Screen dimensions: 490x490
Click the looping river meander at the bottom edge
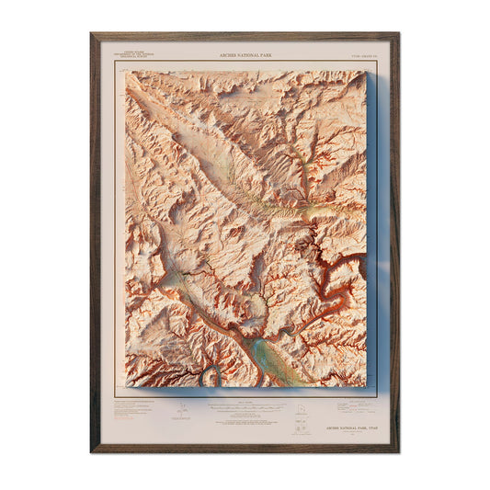(x=211, y=375)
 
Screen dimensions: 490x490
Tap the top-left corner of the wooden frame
(x=93, y=36)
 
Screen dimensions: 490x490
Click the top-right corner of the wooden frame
(x=397, y=36)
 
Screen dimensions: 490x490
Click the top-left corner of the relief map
(x=127, y=72)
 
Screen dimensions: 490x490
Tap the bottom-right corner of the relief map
(x=365, y=385)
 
